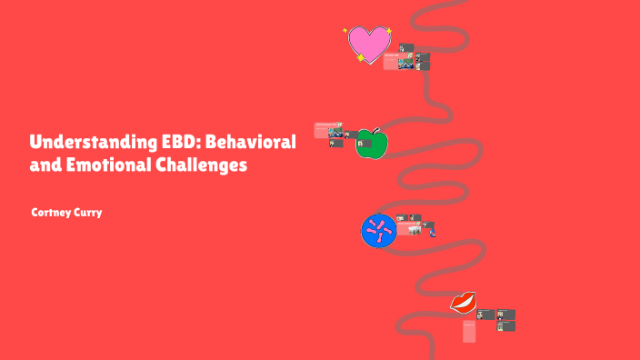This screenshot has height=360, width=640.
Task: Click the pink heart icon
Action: [x=368, y=43]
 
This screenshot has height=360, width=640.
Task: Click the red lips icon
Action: [x=465, y=302]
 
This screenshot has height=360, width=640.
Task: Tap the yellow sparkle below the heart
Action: [x=361, y=60]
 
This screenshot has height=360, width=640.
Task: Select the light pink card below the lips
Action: [x=469, y=331]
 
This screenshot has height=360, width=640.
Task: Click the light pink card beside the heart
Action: [x=392, y=62]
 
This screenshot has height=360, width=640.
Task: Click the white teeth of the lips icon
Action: [x=464, y=302]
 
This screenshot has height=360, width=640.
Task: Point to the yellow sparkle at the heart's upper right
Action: [x=388, y=31]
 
